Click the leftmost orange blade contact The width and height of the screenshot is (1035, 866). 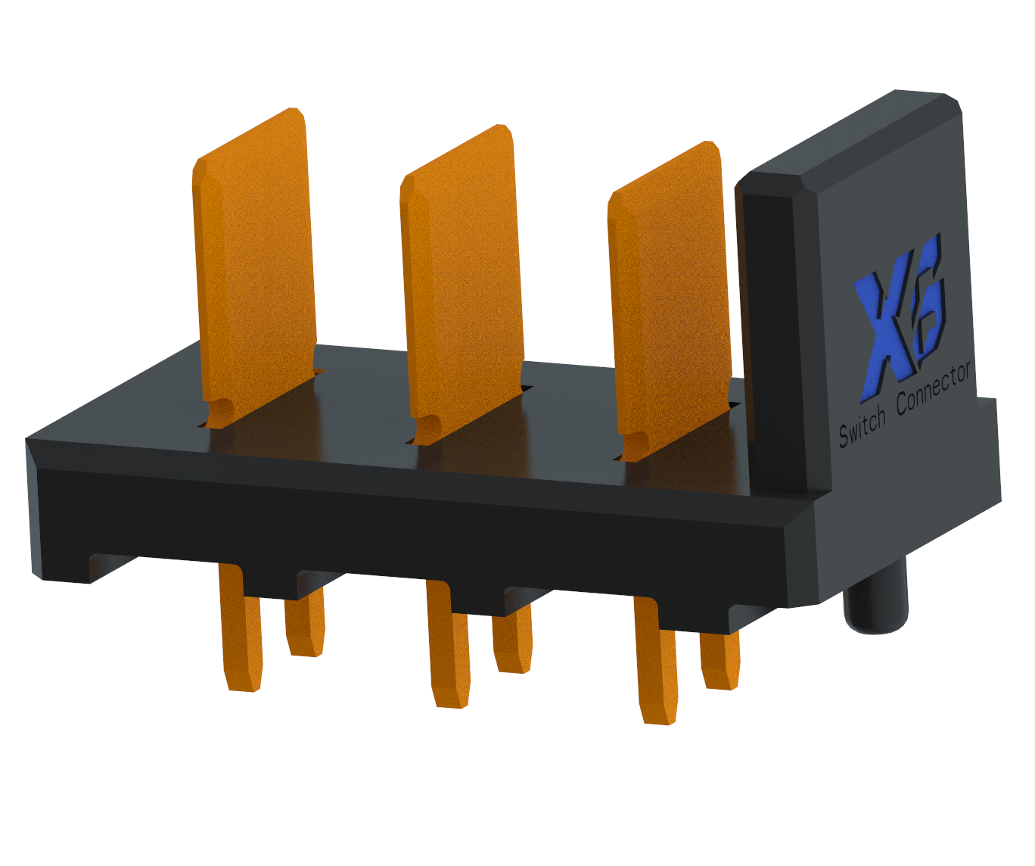point(253,268)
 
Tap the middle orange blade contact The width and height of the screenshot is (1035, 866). point(462,285)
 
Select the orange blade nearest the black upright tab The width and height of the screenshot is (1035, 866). point(669,301)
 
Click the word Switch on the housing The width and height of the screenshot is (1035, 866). point(862,427)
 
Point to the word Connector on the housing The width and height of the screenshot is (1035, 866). point(934,388)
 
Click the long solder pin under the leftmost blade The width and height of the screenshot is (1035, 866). point(242,628)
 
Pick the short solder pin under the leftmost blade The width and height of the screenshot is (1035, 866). point(304,622)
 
